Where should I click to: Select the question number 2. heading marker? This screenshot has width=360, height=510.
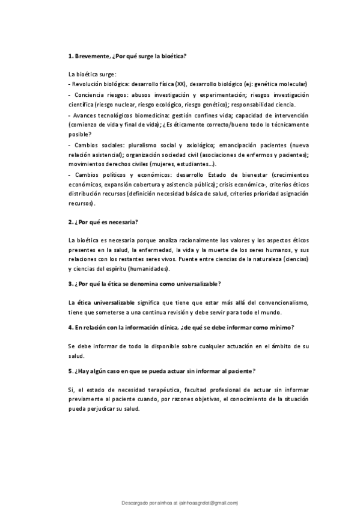(x=71, y=221)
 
